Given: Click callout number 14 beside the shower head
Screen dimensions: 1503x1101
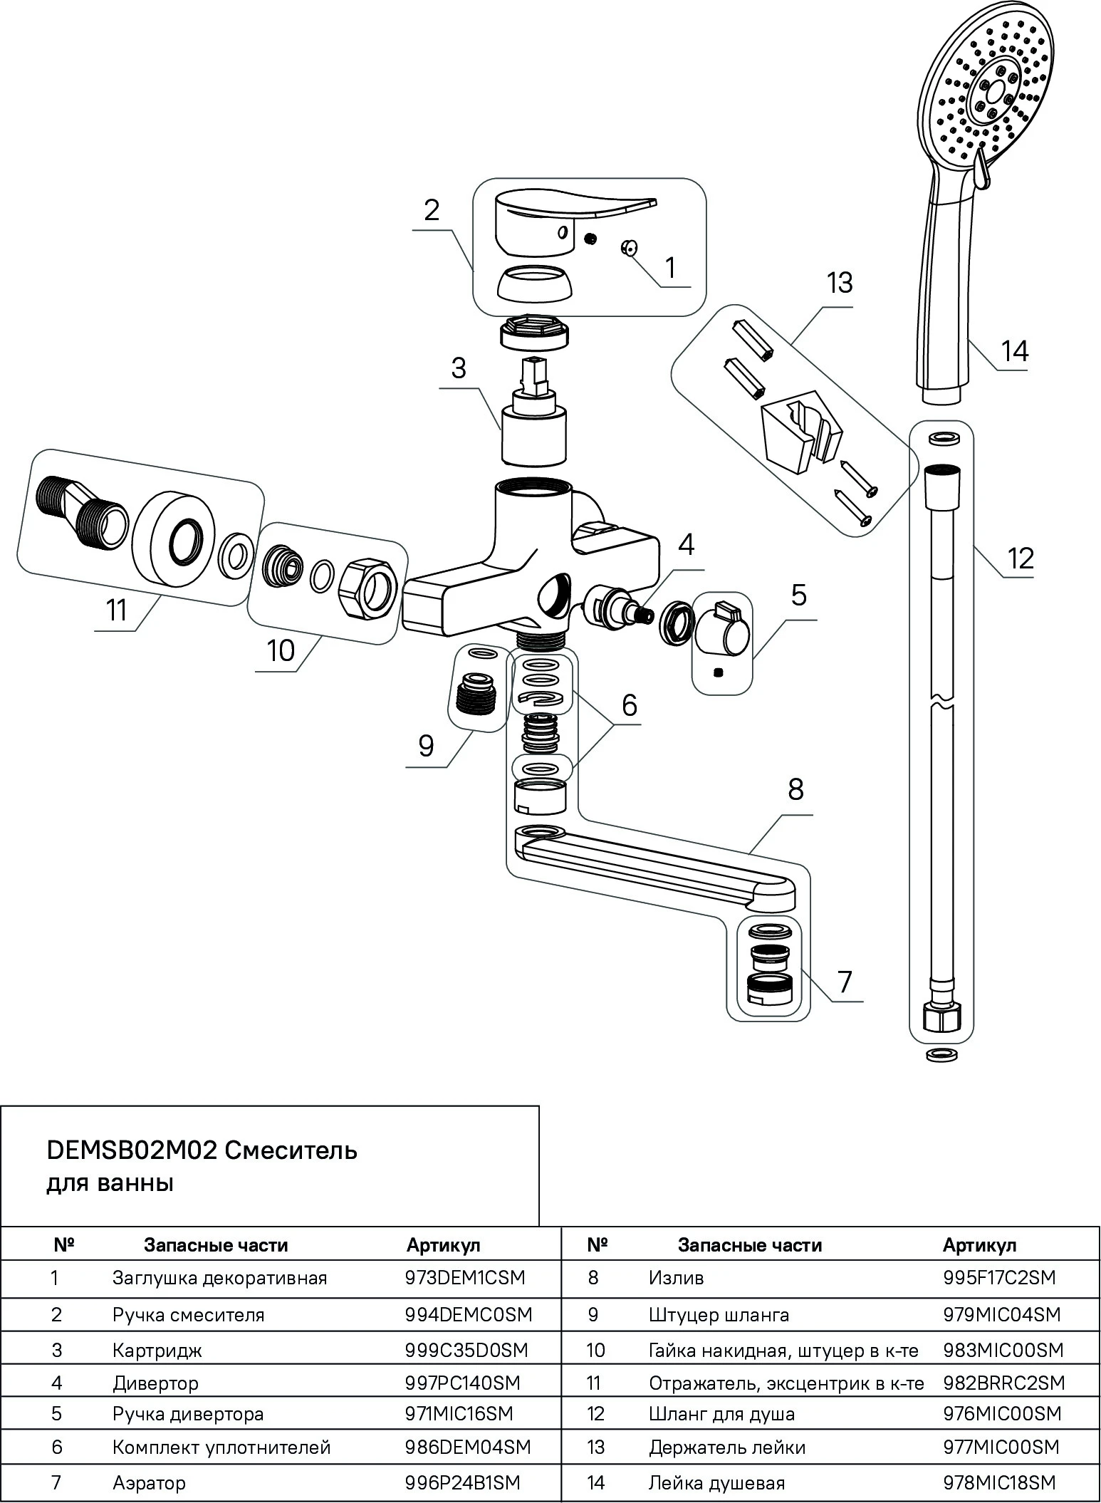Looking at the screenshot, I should click(1014, 351).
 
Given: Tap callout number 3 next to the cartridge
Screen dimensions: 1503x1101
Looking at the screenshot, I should click(458, 368).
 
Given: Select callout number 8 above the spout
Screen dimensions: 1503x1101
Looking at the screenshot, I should click(795, 789).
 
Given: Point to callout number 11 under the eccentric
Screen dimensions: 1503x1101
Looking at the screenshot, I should click(116, 611).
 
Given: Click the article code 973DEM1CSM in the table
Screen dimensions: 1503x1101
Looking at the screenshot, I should click(464, 1278).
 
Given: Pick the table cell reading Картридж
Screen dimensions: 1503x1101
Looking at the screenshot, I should click(157, 1350).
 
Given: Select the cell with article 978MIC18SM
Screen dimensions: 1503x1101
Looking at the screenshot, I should click(999, 1483).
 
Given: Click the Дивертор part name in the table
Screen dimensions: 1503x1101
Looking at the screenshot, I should click(155, 1383).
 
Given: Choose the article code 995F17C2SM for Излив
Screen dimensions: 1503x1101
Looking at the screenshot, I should click(999, 1278).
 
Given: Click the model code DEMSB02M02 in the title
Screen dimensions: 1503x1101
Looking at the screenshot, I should click(131, 1150).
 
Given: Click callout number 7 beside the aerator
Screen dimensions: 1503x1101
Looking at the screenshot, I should click(845, 982).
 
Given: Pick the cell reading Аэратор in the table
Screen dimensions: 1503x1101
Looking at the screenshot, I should click(149, 1483).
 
